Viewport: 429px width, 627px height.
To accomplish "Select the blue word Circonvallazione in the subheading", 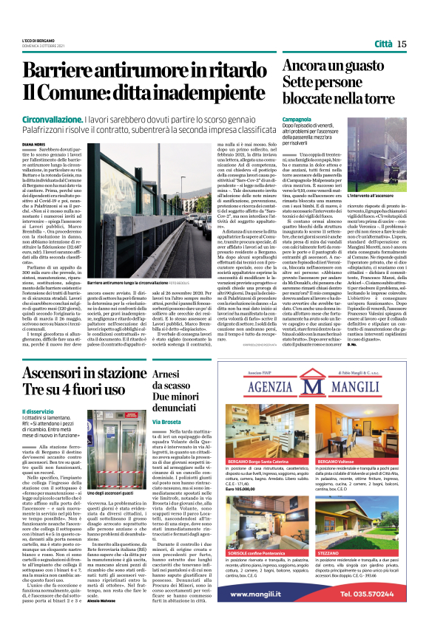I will point(55,118).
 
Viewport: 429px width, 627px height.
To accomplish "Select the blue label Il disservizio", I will point(37,411).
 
